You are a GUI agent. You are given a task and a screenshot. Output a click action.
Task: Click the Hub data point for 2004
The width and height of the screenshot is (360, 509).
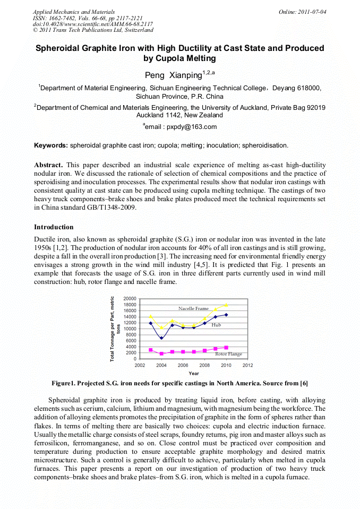pos(161,338)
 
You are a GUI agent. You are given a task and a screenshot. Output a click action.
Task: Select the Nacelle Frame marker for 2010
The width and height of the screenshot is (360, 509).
pos(226,305)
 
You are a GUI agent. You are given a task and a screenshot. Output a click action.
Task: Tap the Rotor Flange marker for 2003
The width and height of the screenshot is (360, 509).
pos(151,350)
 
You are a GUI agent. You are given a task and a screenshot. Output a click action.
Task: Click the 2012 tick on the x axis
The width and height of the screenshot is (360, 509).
pos(247,366)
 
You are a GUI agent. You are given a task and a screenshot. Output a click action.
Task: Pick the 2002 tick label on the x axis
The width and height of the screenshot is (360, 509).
pos(140,366)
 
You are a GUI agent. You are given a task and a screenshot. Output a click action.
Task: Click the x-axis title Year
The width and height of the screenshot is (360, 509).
pos(194,373)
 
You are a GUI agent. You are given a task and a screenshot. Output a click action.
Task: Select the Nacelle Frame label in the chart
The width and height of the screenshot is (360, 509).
pos(193,308)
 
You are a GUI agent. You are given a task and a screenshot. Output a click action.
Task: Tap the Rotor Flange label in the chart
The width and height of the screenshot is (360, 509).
pos(228,354)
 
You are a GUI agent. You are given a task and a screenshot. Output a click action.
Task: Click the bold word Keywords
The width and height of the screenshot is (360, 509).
pos(51,145)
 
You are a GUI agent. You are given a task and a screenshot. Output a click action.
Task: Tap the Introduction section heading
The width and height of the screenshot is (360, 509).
pos(54,227)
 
